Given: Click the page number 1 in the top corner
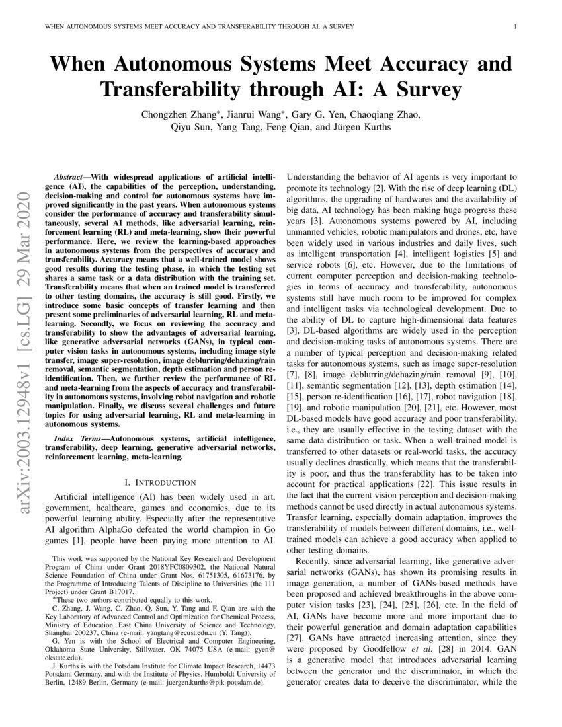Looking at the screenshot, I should click(x=514, y=27).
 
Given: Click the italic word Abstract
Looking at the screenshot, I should click(x=68, y=178).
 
